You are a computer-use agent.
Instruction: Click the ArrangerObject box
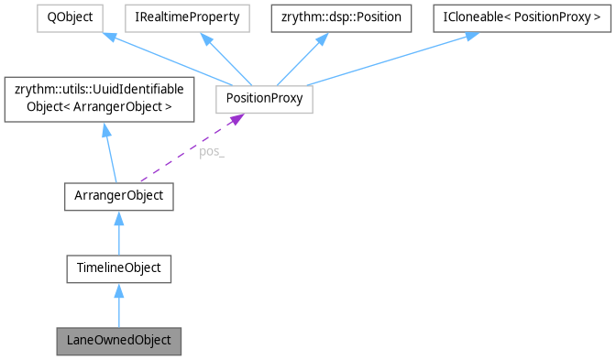(x=119, y=195)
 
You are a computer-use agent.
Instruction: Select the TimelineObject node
(x=119, y=268)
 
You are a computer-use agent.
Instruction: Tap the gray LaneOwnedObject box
(x=119, y=340)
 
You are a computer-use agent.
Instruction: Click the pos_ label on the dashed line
(x=212, y=152)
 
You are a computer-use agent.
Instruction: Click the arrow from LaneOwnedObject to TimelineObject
(x=119, y=309)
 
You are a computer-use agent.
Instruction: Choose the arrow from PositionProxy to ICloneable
(x=385, y=58)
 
